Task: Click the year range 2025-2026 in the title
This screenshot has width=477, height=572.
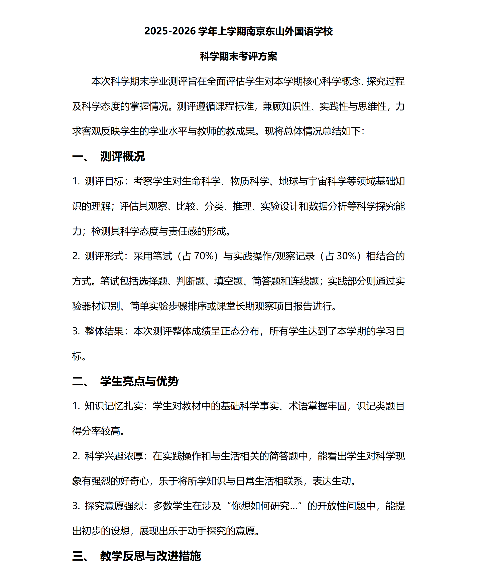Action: click(170, 31)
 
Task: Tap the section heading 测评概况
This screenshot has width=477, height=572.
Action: click(122, 157)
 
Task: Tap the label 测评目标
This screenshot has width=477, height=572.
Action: click(104, 181)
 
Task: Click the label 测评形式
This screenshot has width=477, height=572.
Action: click(104, 256)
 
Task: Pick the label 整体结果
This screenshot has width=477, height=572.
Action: click(104, 331)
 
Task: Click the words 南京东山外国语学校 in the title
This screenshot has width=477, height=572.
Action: click(289, 31)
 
